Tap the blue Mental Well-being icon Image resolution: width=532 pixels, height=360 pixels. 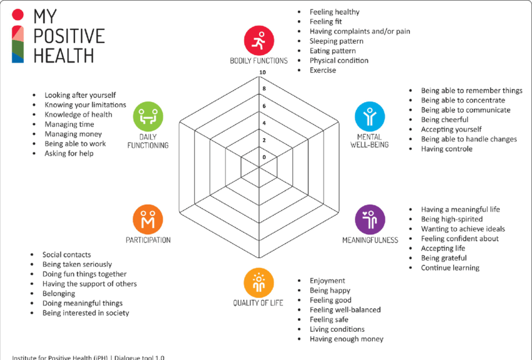[370, 116]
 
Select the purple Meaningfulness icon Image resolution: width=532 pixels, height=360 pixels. [370, 219]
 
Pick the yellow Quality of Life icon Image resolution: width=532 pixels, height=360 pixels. [259, 282]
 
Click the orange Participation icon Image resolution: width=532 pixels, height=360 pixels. [148, 219]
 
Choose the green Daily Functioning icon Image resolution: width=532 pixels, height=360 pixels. [148, 116]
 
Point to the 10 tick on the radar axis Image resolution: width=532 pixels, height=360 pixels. [263, 72]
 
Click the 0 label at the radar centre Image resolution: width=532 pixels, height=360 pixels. [264, 157]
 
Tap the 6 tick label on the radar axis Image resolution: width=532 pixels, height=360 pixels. [263, 106]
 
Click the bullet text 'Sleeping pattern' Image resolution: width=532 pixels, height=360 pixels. [336, 41]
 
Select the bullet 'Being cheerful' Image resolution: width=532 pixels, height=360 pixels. [444, 120]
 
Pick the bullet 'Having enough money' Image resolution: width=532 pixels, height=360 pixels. [346, 339]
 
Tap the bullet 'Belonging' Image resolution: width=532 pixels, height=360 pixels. [59, 294]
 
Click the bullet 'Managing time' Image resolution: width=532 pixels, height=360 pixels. [69, 125]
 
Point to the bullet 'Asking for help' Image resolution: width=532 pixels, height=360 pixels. [69, 153]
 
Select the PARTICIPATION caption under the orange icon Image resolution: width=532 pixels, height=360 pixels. [148, 240]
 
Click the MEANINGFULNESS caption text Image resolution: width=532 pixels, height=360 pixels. [370, 240]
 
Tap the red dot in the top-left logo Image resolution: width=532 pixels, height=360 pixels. [18, 14]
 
